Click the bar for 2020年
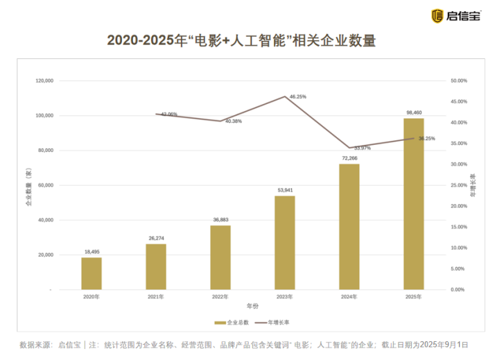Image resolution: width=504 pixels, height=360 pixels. [x=92, y=273]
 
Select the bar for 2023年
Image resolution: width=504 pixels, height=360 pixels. [x=285, y=243]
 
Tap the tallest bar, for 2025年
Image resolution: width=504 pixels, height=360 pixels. [x=414, y=204]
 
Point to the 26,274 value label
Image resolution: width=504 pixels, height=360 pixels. [x=156, y=239]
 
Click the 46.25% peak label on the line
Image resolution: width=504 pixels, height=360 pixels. [x=298, y=97]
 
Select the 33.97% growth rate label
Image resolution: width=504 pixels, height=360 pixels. [x=362, y=148]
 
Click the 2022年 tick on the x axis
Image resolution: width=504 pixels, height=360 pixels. [x=220, y=297]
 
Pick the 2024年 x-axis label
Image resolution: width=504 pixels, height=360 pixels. [x=349, y=297]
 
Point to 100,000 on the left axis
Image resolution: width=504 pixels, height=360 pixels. [x=44, y=116]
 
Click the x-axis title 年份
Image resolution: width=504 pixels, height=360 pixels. [x=252, y=306]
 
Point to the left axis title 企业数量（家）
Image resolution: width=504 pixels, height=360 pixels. [x=28, y=186]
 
